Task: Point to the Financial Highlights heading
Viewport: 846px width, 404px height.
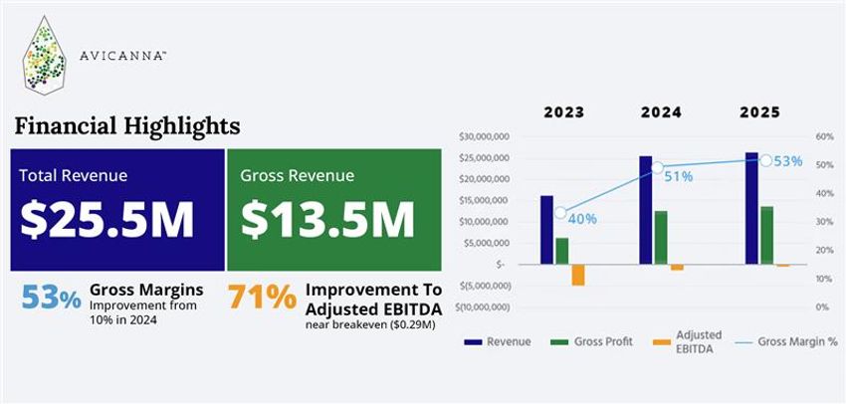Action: (126, 127)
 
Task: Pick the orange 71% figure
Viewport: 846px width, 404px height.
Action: (262, 297)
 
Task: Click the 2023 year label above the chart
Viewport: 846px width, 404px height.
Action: (564, 112)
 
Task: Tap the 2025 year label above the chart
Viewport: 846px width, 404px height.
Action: (760, 112)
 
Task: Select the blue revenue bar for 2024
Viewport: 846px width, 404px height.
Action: (646, 210)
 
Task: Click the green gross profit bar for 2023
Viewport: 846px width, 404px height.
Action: (562, 251)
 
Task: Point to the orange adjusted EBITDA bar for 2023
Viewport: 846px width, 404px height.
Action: (578, 275)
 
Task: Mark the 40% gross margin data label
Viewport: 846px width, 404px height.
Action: (583, 218)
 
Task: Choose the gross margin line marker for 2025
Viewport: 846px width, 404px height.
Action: (765, 159)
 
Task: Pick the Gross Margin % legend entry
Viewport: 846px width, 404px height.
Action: (787, 342)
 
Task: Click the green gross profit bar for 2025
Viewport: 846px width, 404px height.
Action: (766, 236)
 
